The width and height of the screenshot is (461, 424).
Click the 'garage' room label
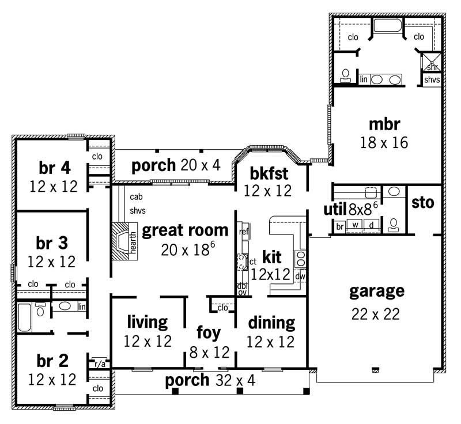click(377, 291)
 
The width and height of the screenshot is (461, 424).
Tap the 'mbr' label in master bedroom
click(384, 124)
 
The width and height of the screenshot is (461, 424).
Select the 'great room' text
click(185, 230)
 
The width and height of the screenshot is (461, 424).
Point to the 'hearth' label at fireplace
click(133, 242)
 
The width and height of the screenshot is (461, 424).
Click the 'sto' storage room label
click(423, 203)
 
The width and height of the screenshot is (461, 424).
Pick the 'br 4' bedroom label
click(55, 168)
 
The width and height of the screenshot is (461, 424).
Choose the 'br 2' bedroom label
click(52, 361)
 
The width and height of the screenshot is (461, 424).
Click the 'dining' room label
click(271, 322)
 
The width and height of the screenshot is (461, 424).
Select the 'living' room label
click(148, 321)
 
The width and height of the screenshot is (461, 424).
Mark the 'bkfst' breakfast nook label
click(269, 172)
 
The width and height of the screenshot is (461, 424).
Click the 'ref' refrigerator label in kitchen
click(243, 232)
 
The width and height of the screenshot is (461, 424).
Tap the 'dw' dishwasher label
click(300, 277)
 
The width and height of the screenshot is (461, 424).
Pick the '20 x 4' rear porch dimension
click(200, 166)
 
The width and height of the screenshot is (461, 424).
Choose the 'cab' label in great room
click(136, 196)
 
